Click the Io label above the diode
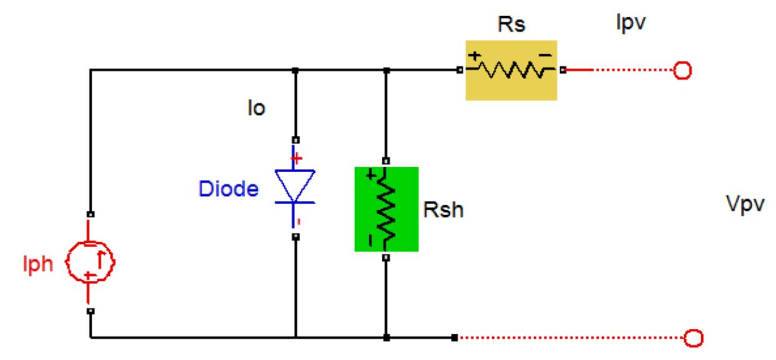click(x=255, y=109)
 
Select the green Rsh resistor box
click(x=386, y=209)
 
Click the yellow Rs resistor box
click(x=511, y=70)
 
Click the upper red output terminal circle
click(x=682, y=71)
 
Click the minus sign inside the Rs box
click(x=545, y=57)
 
